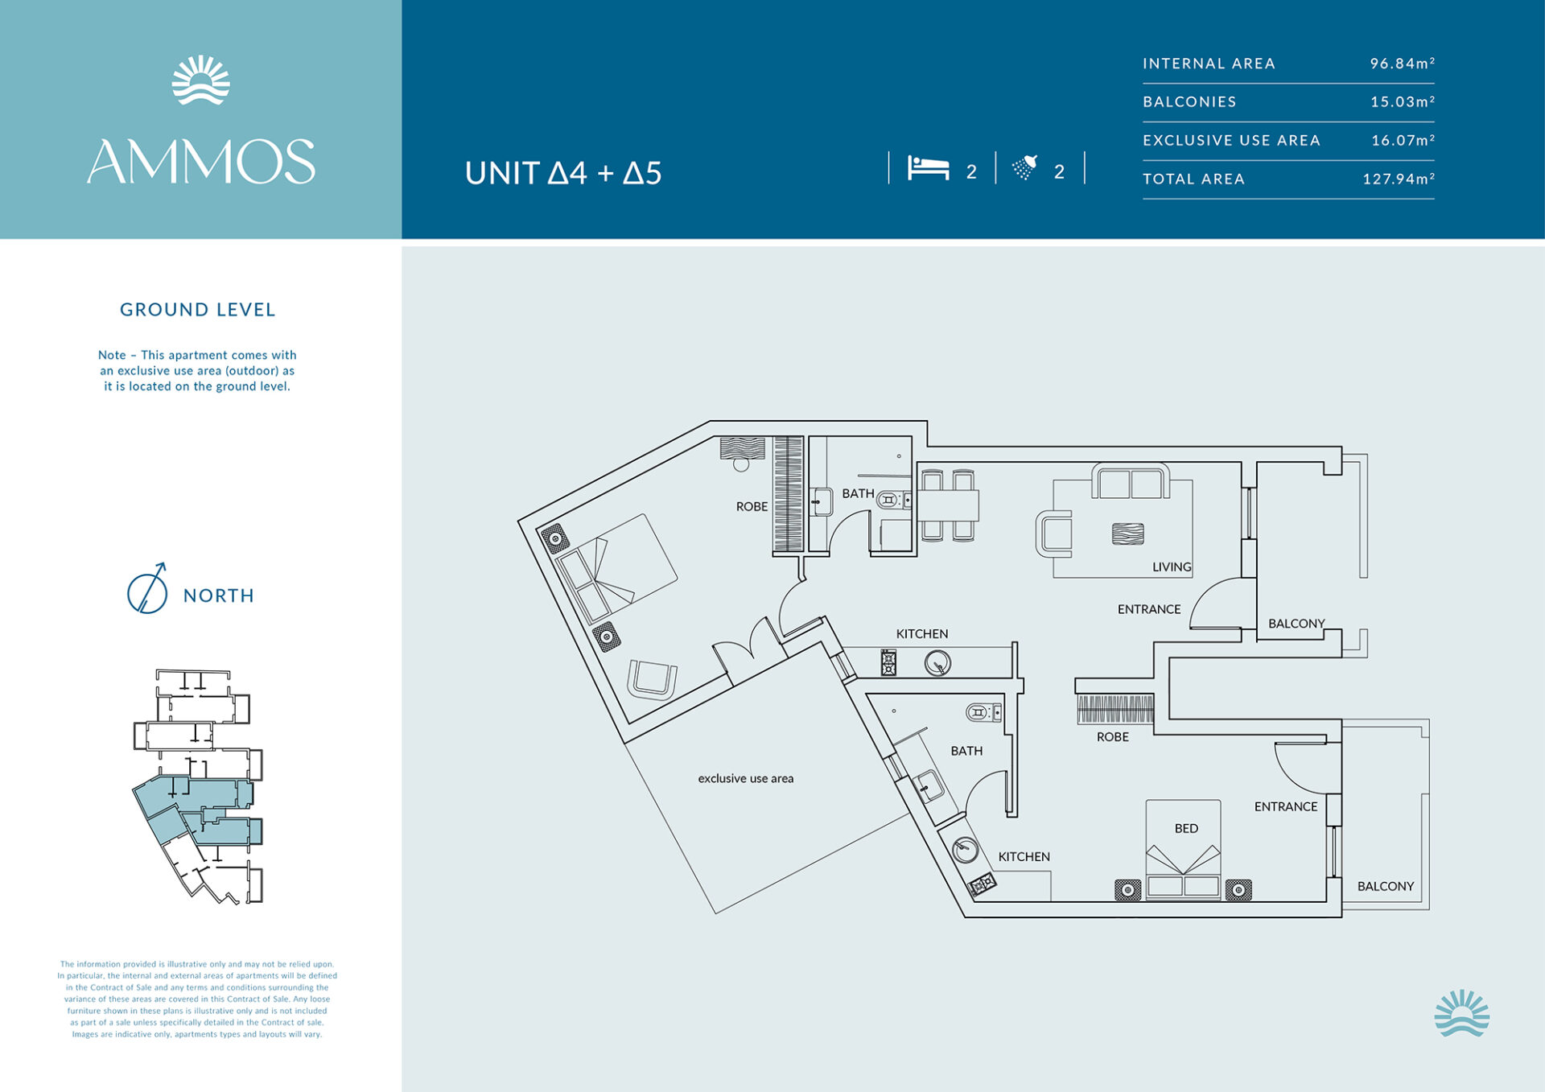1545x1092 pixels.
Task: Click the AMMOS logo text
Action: coord(201,161)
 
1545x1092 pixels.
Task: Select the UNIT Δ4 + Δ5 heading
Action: coord(563,173)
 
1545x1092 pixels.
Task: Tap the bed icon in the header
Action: coord(929,168)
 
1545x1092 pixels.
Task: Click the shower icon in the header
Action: coord(1025,167)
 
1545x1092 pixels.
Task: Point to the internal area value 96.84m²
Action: coord(1403,63)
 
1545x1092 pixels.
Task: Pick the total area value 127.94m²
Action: coord(1399,179)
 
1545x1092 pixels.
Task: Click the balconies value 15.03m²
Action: coord(1403,101)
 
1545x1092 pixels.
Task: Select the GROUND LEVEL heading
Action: coord(198,310)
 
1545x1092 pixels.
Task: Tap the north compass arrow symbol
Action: coord(147,589)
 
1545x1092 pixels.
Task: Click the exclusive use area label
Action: coord(746,778)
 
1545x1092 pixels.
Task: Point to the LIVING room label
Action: coord(1172,567)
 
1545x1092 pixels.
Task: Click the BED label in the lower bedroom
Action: coord(1186,828)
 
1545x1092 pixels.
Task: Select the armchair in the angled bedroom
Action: coord(653,680)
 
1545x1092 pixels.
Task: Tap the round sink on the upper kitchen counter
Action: coord(937,663)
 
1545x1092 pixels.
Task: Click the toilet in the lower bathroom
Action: coord(983,712)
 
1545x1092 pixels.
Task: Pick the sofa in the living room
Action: coord(1131,481)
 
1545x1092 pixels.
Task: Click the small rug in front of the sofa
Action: coord(1127,534)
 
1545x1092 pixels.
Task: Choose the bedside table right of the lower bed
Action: coord(1238,889)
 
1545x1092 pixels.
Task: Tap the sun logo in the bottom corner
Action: coord(1461,1013)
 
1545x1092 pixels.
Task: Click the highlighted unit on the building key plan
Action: coord(197,809)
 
